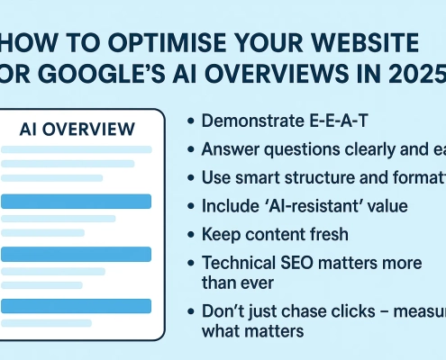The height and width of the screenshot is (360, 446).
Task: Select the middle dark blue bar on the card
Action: pyautogui.click(x=80, y=253)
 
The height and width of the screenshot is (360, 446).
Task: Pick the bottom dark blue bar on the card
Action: pyautogui.click(x=80, y=305)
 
